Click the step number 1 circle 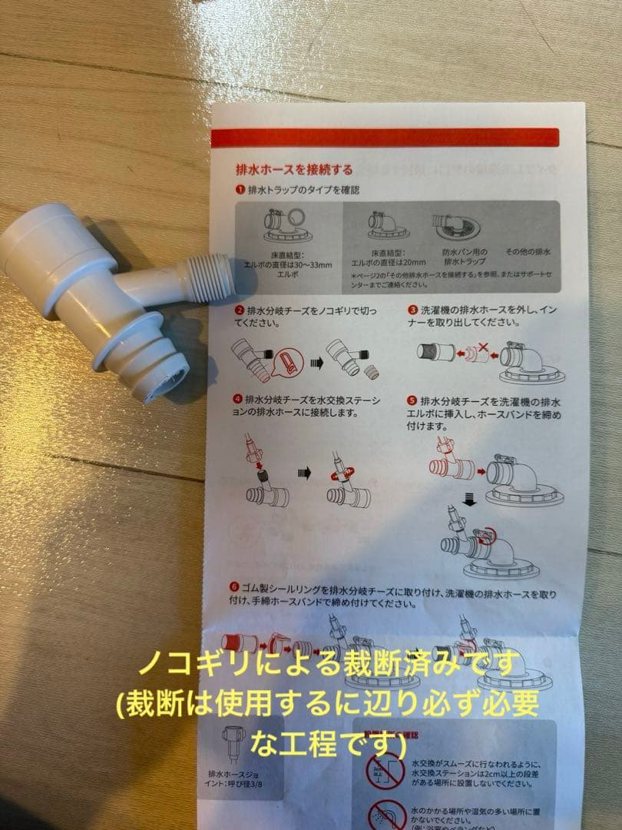(240, 189)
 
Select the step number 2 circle (240, 310)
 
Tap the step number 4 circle (239, 400)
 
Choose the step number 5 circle (412, 401)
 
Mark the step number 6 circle (233, 587)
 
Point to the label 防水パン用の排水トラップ (458, 257)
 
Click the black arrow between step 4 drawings (304, 473)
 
